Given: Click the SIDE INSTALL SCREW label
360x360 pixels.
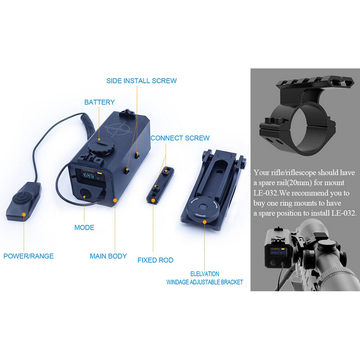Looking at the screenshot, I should pyautogui.click(x=141, y=81).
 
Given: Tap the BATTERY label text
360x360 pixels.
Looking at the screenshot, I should pyautogui.click(x=99, y=102).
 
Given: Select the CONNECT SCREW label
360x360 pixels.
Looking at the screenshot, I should pyautogui.click(x=180, y=138).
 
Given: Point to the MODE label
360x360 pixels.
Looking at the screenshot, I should pyautogui.click(x=84, y=227).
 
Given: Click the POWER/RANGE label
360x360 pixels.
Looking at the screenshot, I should pyautogui.click(x=28, y=256).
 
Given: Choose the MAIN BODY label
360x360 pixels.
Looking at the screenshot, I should pyautogui.click(x=108, y=256).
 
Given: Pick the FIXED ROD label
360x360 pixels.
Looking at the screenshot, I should pyautogui.click(x=155, y=260).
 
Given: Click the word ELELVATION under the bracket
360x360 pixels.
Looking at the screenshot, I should pyautogui.click(x=204, y=274).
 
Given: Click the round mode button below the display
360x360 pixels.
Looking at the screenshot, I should pyautogui.click(x=86, y=193).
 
